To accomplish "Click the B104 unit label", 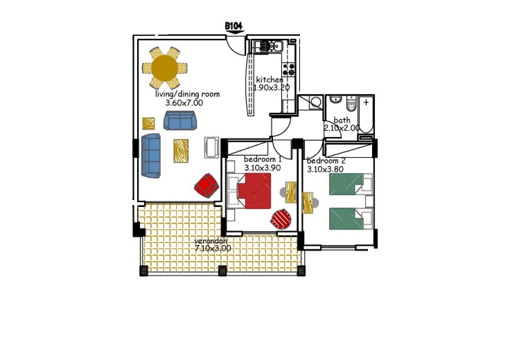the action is click(x=234, y=26).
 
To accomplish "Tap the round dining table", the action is click(x=164, y=68).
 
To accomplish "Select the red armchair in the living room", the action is click(x=206, y=186).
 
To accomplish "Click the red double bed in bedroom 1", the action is click(x=254, y=191).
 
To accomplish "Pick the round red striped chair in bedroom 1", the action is click(x=281, y=219).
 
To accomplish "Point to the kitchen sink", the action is click(x=270, y=46).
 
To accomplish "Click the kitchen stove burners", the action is click(x=288, y=69).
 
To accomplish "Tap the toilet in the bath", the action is click(x=351, y=103).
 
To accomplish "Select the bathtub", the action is click(x=366, y=115).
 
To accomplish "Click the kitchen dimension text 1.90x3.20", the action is click(x=272, y=88).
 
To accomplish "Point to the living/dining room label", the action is click(x=188, y=94).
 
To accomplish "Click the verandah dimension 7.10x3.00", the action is click(x=213, y=249).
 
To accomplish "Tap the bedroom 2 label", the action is click(x=326, y=161).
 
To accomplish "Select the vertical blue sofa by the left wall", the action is click(x=151, y=155).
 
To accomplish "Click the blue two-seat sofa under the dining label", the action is click(x=180, y=120).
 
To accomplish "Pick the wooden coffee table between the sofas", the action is click(x=181, y=151).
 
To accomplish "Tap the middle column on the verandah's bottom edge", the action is click(x=222, y=271).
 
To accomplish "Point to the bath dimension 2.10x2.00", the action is click(x=341, y=128).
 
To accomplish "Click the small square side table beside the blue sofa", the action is click(x=148, y=124).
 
